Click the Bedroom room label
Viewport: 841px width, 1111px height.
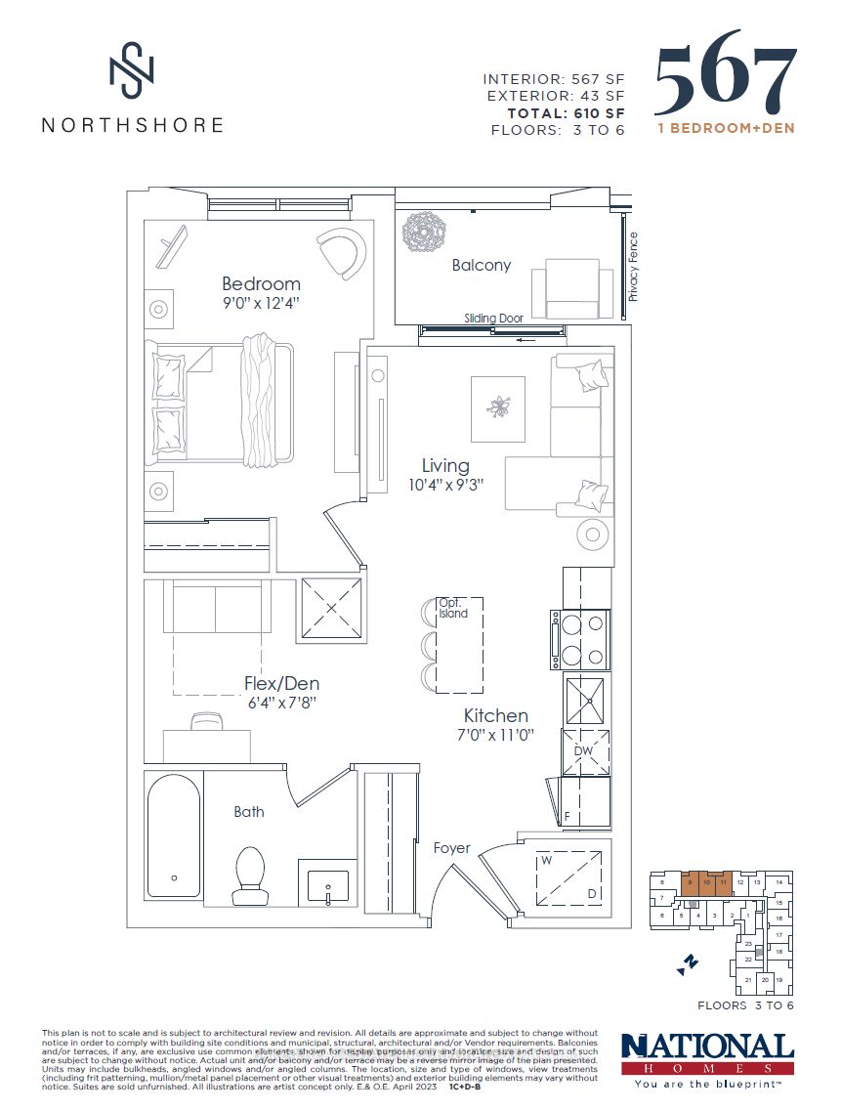click(261, 284)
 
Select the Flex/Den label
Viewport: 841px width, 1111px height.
click(281, 684)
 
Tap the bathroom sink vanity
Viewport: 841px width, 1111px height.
click(327, 883)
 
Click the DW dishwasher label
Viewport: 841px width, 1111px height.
click(585, 750)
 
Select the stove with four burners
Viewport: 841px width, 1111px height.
click(581, 640)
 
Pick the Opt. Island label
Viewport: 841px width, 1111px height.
click(452, 608)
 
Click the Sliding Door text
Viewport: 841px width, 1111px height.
click(494, 319)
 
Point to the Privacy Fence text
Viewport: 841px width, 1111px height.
click(633, 266)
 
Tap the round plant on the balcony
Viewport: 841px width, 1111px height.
click(425, 233)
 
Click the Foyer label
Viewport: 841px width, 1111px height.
click(452, 848)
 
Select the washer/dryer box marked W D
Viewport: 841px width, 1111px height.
click(565, 875)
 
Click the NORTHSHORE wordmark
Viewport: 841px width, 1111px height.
click(132, 125)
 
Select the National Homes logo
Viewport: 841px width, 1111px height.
click(707, 1058)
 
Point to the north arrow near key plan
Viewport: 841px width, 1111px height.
click(687, 963)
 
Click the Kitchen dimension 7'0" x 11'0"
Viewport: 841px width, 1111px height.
click(496, 735)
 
